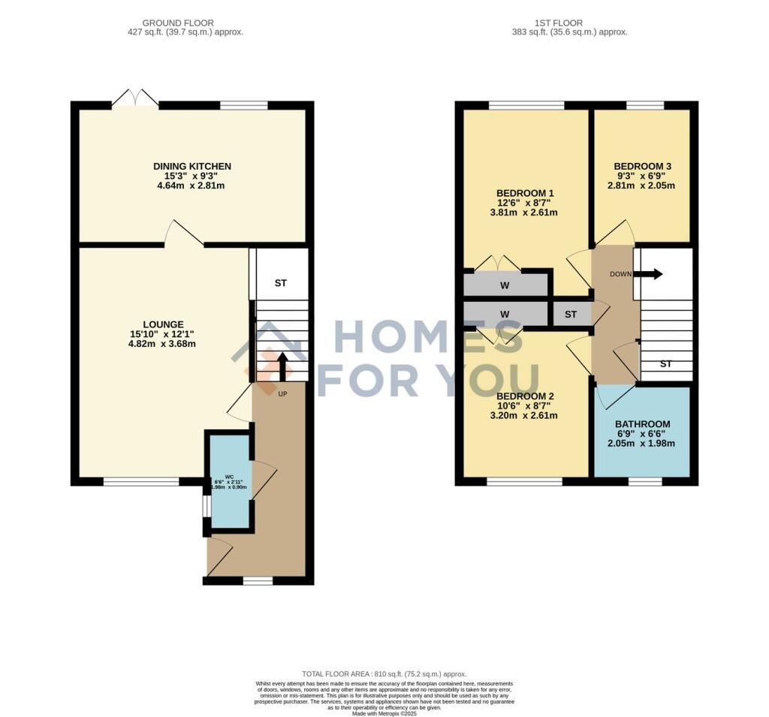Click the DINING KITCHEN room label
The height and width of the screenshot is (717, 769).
192,166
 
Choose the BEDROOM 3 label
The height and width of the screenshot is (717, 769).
642,166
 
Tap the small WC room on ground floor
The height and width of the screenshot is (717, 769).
231,481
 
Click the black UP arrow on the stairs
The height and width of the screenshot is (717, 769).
282,368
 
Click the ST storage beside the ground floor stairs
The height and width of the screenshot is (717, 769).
281,283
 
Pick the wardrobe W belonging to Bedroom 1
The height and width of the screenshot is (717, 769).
505,285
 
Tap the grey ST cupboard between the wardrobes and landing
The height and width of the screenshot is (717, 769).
571,314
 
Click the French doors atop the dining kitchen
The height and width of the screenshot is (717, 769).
135,99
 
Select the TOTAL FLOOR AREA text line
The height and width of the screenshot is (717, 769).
384,674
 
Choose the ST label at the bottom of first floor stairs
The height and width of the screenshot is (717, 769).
665,364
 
